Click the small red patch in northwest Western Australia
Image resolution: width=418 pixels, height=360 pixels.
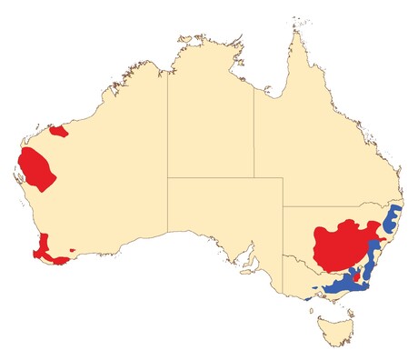[x=59, y=133]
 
